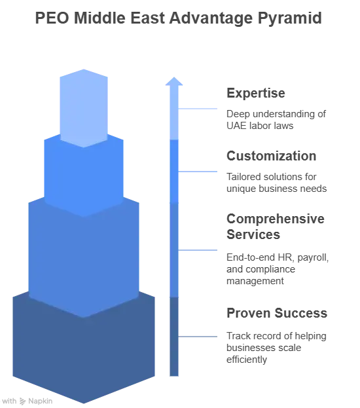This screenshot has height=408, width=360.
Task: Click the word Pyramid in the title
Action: [290, 18]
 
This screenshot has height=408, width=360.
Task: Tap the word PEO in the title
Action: [52, 18]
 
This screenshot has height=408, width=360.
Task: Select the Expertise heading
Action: [256, 93]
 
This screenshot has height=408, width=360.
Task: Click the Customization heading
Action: [271, 156]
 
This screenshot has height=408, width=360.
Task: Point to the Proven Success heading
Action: [277, 313]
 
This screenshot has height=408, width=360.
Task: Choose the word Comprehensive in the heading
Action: [276, 219]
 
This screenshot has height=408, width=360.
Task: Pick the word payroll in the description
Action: [313, 258]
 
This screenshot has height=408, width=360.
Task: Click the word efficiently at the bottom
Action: [247, 360]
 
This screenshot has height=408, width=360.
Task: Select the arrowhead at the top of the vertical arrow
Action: [174, 81]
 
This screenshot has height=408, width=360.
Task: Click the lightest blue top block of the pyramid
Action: [84, 108]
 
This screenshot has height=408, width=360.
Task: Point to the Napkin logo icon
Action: [23, 401]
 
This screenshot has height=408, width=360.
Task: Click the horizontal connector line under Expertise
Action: [198, 109]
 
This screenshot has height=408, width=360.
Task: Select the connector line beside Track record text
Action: [198, 337]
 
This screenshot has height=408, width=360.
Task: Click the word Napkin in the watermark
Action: [41, 401]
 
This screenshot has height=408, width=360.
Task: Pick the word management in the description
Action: [255, 282]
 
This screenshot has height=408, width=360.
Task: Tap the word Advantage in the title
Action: [211, 18]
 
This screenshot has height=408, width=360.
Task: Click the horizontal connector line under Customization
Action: [198, 172]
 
